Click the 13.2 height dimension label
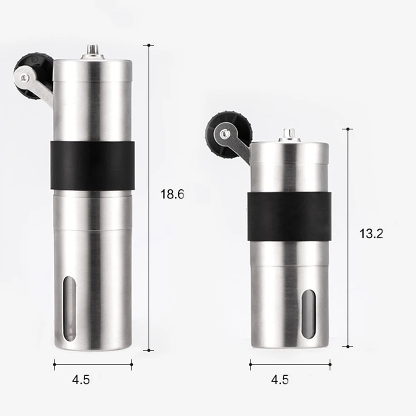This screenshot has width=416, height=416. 371,234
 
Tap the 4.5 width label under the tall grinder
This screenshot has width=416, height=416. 81,379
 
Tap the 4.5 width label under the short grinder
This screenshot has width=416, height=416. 280,379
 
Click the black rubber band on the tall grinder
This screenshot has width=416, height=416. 92,165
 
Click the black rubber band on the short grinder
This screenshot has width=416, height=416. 290,217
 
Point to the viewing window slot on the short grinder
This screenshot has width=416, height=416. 309,312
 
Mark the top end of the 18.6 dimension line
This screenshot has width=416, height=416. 149,44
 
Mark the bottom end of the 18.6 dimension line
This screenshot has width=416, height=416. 149,350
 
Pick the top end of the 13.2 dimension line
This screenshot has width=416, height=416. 347,129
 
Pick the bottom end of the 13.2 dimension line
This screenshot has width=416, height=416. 347,346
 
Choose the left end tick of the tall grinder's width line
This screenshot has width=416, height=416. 54,366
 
